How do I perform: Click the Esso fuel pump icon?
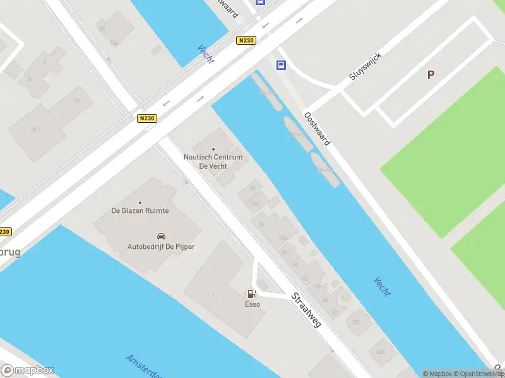[x=252, y=294]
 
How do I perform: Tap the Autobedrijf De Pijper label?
[x=161, y=246]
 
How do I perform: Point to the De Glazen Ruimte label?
[x=140, y=210]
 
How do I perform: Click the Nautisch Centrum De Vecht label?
[x=213, y=161]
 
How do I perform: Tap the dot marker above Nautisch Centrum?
[x=213, y=149]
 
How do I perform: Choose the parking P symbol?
[x=431, y=75]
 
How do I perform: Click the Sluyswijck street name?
[x=365, y=66]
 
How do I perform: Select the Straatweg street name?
[x=306, y=309]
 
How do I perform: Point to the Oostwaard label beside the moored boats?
[x=317, y=129]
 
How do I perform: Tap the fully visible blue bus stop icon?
[x=281, y=65]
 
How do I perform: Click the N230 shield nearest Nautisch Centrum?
[x=146, y=118]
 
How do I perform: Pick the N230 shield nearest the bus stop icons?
[x=246, y=41]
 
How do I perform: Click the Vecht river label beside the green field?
[x=382, y=287]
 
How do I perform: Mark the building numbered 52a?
[x=283, y=238]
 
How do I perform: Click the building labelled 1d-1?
[x=36, y=130]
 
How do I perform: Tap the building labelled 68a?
[x=114, y=43]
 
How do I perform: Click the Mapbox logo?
[x=28, y=370]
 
